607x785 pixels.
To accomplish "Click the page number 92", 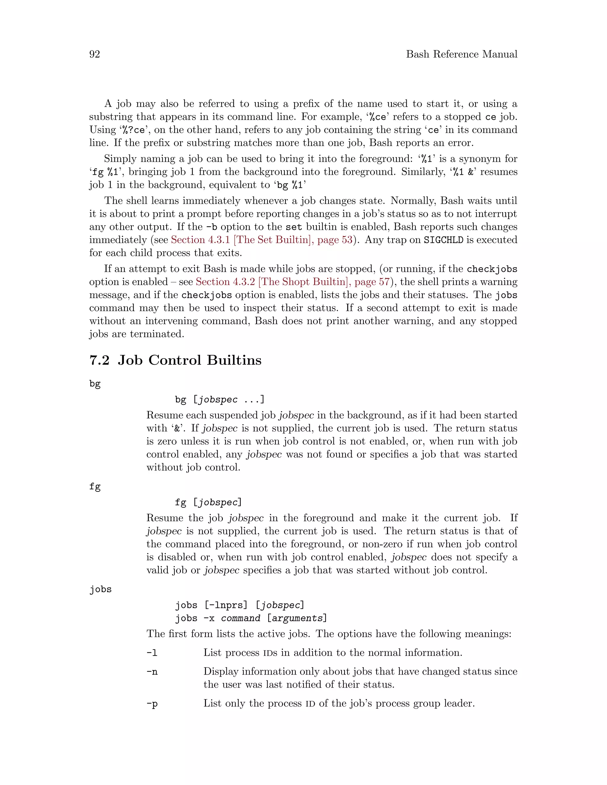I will [x=95, y=54].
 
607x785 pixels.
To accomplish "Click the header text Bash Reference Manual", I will [x=461, y=54].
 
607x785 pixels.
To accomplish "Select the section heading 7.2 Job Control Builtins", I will [x=175, y=360].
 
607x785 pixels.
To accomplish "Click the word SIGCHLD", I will [x=443, y=240].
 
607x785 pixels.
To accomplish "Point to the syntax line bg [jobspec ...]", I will [x=220, y=399].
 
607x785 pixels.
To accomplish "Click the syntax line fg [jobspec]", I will [x=208, y=502].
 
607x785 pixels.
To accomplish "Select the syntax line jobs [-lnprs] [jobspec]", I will [x=240, y=605].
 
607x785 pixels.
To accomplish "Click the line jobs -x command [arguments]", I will [x=251, y=618].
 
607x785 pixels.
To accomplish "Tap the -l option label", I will [x=152, y=653].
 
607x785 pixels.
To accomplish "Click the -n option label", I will [x=152, y=672].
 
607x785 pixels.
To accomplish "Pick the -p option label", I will [x=152, y=704].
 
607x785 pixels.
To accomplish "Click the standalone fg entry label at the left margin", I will [x=95, y=487].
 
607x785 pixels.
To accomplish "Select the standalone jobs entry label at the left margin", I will [x=100, y=589].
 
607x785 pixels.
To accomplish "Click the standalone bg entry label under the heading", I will [x=95, y=384].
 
